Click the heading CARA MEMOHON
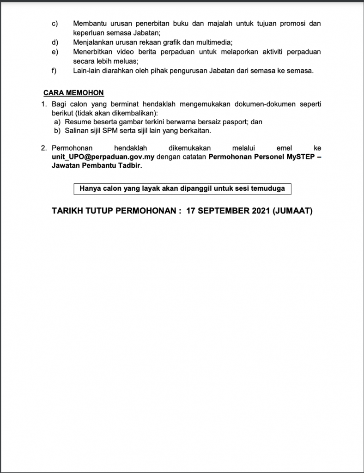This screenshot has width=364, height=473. point(73,93)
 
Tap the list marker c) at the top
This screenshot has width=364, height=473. point(54,23)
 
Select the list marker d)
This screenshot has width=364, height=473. point(54,42)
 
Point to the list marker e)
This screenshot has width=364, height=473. point(54,51)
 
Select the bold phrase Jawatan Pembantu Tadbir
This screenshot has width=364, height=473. point(97,166)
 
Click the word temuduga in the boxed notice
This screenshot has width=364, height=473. point(270,188)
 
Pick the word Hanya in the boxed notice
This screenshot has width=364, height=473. point(89,188)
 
